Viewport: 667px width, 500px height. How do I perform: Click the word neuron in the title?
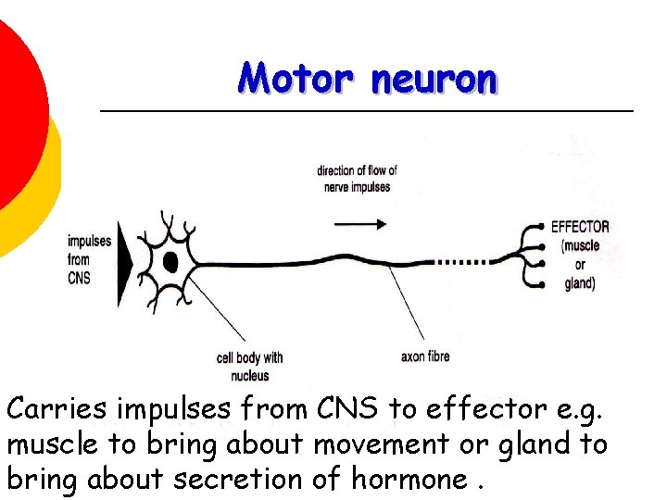pos(434,81)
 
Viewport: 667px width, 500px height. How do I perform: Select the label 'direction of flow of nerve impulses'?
pos(357,178)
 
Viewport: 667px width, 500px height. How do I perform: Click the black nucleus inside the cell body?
pos(170,262)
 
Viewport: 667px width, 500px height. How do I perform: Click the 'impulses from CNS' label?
pos(88,258)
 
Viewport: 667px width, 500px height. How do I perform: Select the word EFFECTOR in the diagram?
pos(580,227)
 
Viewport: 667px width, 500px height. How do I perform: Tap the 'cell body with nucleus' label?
pos(249,366)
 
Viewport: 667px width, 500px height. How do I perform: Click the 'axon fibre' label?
pos(425,356)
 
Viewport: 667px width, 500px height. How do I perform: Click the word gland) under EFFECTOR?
pos(580,283)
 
